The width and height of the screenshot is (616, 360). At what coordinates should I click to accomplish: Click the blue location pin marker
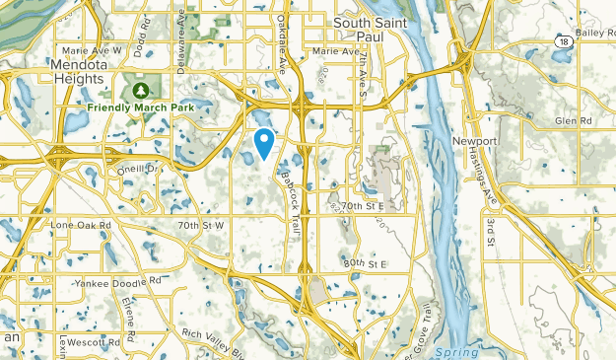pyautogui.click(x=264, y=143)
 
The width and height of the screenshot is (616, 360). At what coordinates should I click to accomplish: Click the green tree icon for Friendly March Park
pyautogui.click(x=138, y=90)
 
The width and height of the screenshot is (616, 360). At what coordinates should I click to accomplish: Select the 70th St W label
pyautogui.click(x=202, y=226)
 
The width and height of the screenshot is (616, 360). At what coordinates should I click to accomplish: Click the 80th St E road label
pyautogui.click(x=367, y=264)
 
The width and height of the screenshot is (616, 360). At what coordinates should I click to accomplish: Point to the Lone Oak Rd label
pyautogui.click(x=82, y=226)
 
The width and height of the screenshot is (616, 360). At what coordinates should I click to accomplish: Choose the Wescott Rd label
pyautogui.click(x=96, y=341)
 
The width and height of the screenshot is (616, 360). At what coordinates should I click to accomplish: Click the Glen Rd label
pyautogui.click(x=572, y=120)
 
